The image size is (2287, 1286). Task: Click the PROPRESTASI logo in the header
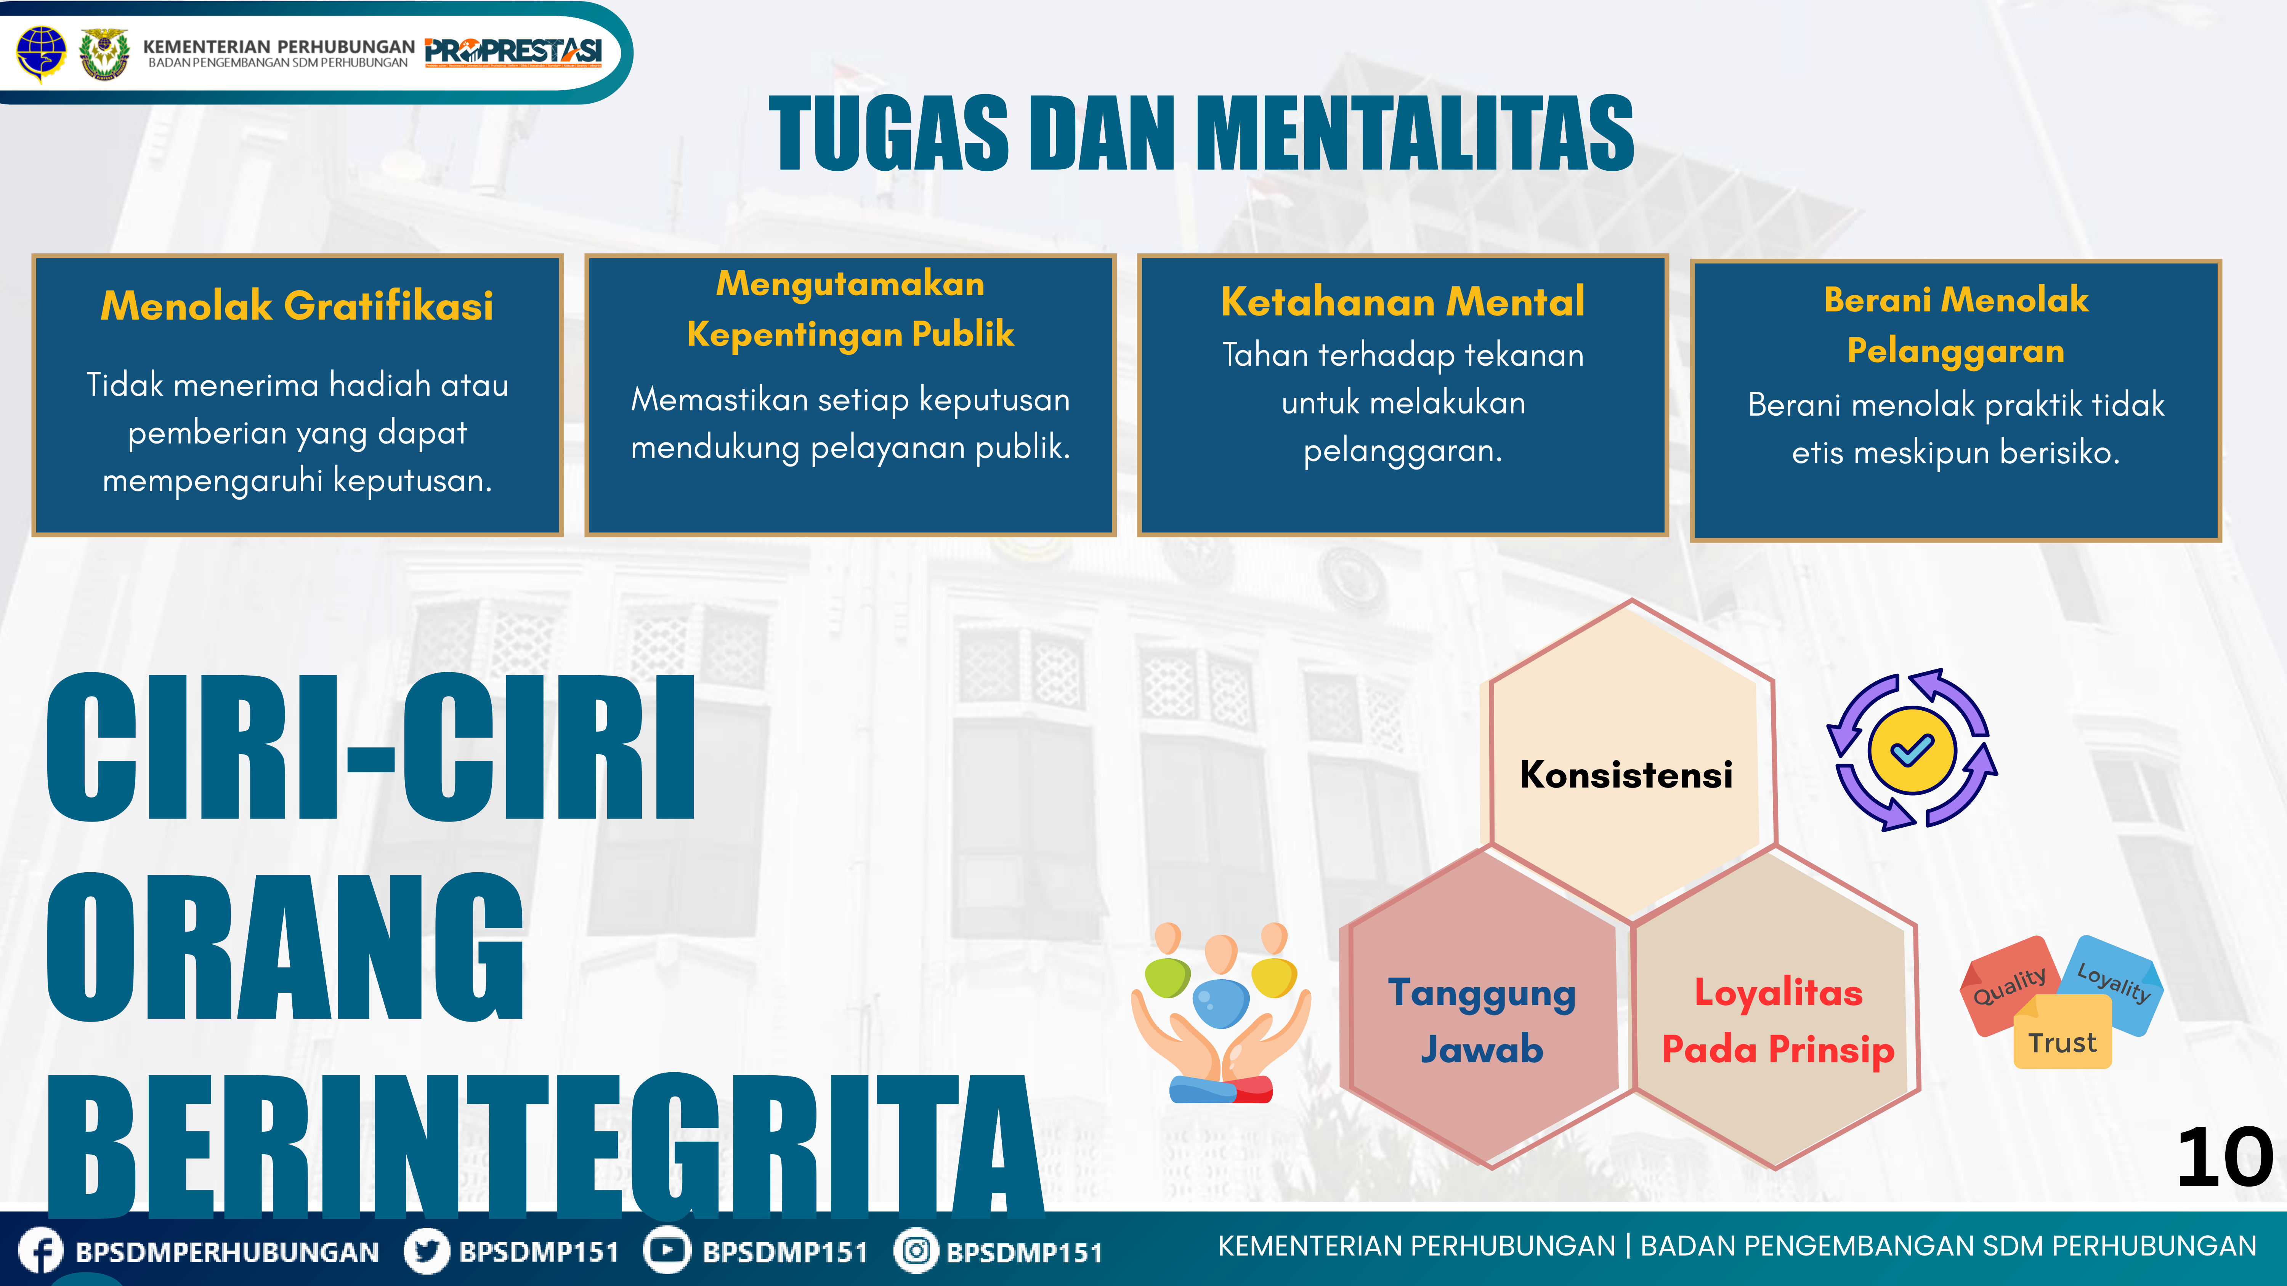point(513,51)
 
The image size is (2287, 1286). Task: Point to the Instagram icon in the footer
point(916,1251)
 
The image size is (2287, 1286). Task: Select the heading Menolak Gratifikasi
point(297,305)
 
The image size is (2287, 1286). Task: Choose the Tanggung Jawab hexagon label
point(1482,1021)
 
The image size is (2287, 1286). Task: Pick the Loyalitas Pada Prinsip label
point(1778,1021)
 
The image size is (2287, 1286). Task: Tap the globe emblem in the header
point(41,51)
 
